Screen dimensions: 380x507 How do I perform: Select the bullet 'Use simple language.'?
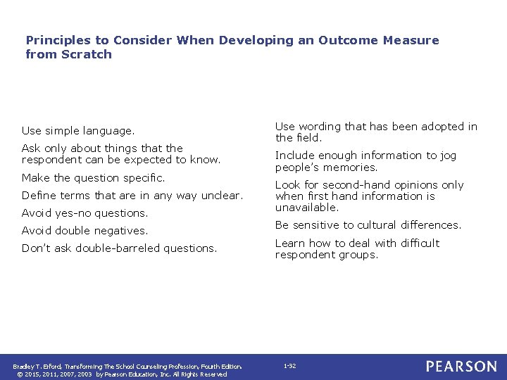coord(77,131)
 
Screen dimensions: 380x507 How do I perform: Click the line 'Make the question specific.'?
coord(93,178)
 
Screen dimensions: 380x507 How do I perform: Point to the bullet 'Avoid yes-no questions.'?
coord(84,213)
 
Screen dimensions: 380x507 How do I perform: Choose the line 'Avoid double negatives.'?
coord(84,231)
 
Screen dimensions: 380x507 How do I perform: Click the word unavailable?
coord(307,208)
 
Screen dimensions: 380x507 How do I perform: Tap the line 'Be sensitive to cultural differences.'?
coord(368,225)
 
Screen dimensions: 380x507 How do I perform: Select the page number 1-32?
coord(289,367)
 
